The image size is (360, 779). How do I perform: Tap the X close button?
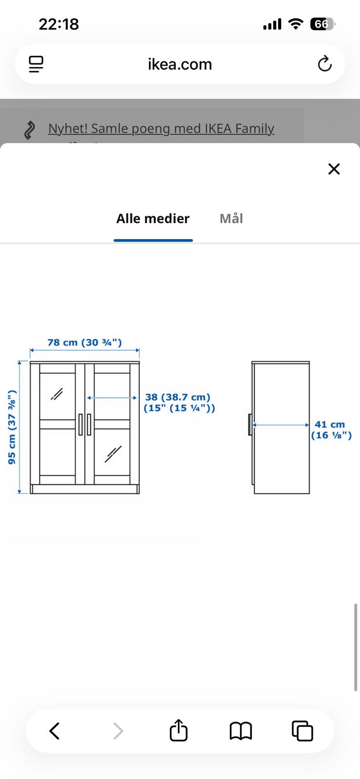pyautogui.click(x=334, y=169)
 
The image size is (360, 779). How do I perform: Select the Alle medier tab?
pyautogui.click(x=152, y=219)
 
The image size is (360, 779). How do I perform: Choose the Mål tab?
pyautogui.click(x=231, y=219)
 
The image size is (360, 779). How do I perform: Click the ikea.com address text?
pyautogui.click(x=180, y=64)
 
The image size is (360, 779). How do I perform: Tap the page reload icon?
pyautogui.click(x=324, y=64)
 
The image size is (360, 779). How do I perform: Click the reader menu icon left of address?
pyautogui.click(x=36, y=64)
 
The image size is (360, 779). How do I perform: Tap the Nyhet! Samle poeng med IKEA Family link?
pyautogui.click(x=161, y=129)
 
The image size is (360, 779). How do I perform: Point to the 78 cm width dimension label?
pyautogui.click(x=84, y=342)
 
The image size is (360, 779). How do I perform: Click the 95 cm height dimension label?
pyautogui.click(x=12, y=427)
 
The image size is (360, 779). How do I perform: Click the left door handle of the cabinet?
pyautogui.click(x=80, y=424)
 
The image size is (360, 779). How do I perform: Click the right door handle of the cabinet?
pyautogui.click(x=89, y=424)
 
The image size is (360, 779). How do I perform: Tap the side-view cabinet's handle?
pyautogui.click(x=250, y=425)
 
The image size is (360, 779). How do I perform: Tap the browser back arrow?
pyautogui.click(x=55, y=731)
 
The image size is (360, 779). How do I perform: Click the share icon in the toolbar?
pyautogui.click(x=178, y=730)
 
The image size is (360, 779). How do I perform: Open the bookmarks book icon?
pyautogui.click(x=241, y=731)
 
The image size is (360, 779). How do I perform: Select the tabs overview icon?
pyautogui.click(x=302, y=731)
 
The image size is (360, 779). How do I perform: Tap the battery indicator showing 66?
pyautogui.click(x=322, y=24)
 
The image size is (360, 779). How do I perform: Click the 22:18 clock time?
pyautogui.click(x=58, y=24)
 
